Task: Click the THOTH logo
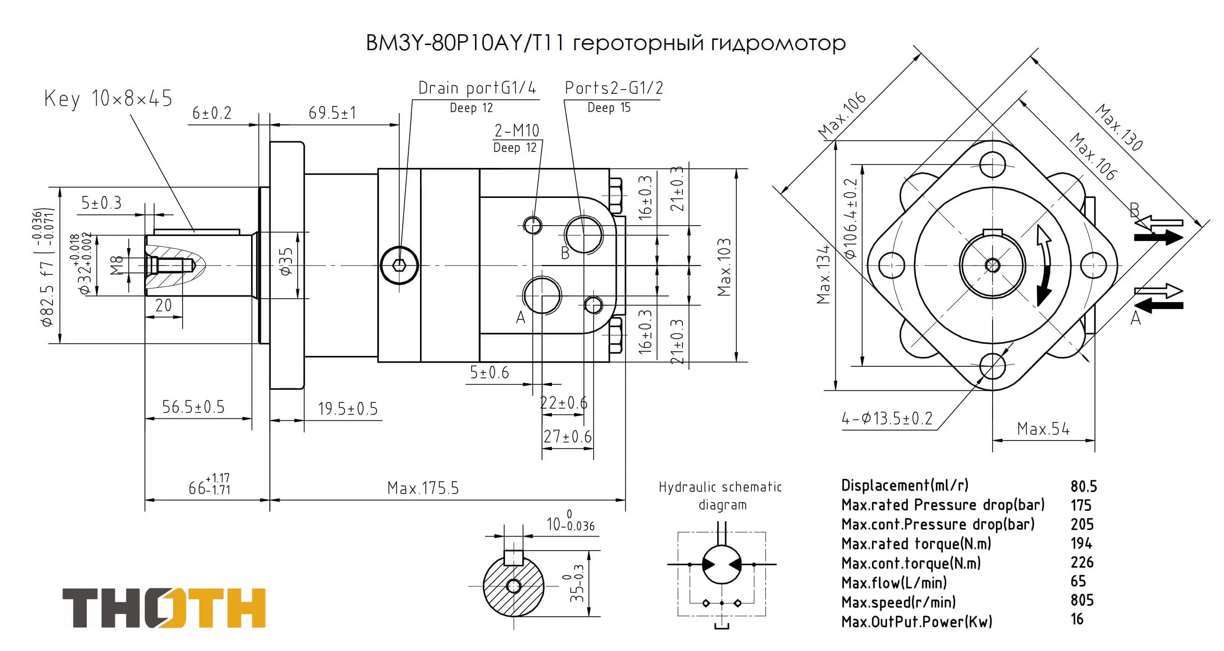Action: [164, 608]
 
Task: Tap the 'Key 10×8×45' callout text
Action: [108, 99]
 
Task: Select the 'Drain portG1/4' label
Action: [476, 88]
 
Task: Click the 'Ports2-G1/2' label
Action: [613, 88]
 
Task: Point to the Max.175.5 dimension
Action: [423, 488]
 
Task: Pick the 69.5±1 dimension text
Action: [332, 113]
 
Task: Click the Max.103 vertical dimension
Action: [724, 267]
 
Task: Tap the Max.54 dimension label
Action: [1043, 429]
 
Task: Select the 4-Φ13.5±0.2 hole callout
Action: [887, 419]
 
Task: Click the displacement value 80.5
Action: [1083, 487]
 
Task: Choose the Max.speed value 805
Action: [1082, 601]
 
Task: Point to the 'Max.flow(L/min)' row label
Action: [894, 583]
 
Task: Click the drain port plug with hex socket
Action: [399, 265]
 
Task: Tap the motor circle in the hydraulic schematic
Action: [721, 564]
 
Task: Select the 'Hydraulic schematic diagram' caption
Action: [720, 495]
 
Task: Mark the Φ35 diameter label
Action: [285, 262]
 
